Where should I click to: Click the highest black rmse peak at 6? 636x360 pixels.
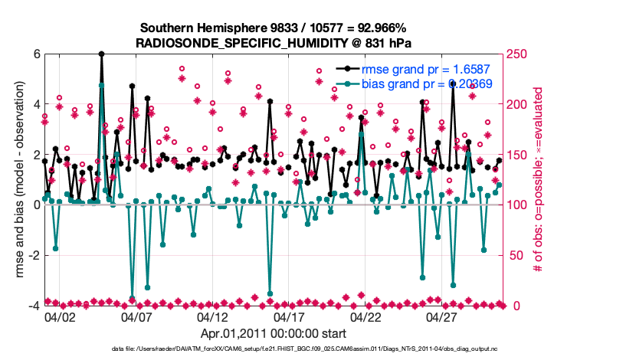click(101, 54)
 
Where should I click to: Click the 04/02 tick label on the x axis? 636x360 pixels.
click(60, 316)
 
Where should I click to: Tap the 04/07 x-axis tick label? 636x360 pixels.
click(136, 316)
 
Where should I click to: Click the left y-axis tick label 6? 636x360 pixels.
click(36, 54)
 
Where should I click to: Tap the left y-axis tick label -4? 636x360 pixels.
click(34, 306)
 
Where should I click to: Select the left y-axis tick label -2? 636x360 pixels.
click(34, 255)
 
